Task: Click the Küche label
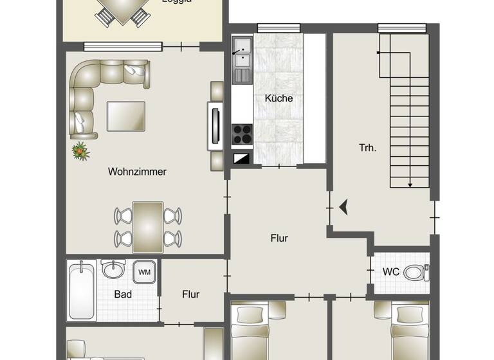279,98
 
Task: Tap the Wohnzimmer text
137,172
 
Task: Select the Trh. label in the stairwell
367,147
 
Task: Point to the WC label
391,272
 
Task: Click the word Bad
123,294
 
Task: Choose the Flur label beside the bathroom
190,294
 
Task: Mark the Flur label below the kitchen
279,239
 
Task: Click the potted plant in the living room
80,152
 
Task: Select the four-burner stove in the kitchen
242,134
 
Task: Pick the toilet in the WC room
419,273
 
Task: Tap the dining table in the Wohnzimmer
147,226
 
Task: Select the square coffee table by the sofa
125,116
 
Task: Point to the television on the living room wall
214,126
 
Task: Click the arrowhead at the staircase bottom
410,185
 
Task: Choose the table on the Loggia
122,9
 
